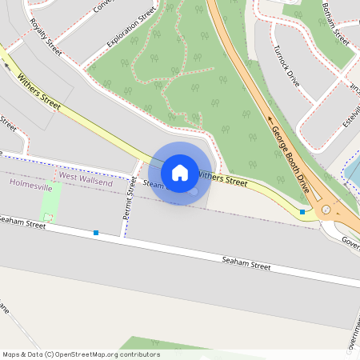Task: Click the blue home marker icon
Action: (x=180, y=172)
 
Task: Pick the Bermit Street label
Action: (x=128, y=198)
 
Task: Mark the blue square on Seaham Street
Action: (x=96, y=233)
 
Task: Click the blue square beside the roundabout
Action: (x=302, y=211)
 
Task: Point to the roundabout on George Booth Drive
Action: (x=326, y=210)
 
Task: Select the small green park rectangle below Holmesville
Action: (x=50, y=208)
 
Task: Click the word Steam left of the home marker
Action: (x=152, y=184)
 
